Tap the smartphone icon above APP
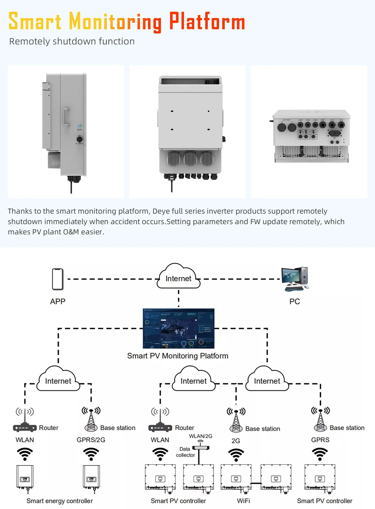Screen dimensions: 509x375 (x=57, y=279)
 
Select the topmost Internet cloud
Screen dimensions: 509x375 (x=178, y=277)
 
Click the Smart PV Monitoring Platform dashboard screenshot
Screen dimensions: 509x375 (x=178, y=328)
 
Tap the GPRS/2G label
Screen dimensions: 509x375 (x=91, y=440)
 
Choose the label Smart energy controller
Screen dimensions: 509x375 (x=59, y=501)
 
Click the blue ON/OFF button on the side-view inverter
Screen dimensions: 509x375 (x=79, y=126)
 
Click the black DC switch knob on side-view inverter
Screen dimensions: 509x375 (x=79, y=139)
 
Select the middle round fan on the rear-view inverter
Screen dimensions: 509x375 (x=190, y=159)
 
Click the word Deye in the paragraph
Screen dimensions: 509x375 (x=161, y=211)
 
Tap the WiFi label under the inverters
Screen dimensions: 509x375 (x=243, y=501)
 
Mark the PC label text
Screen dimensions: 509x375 (x=294, y=301)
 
